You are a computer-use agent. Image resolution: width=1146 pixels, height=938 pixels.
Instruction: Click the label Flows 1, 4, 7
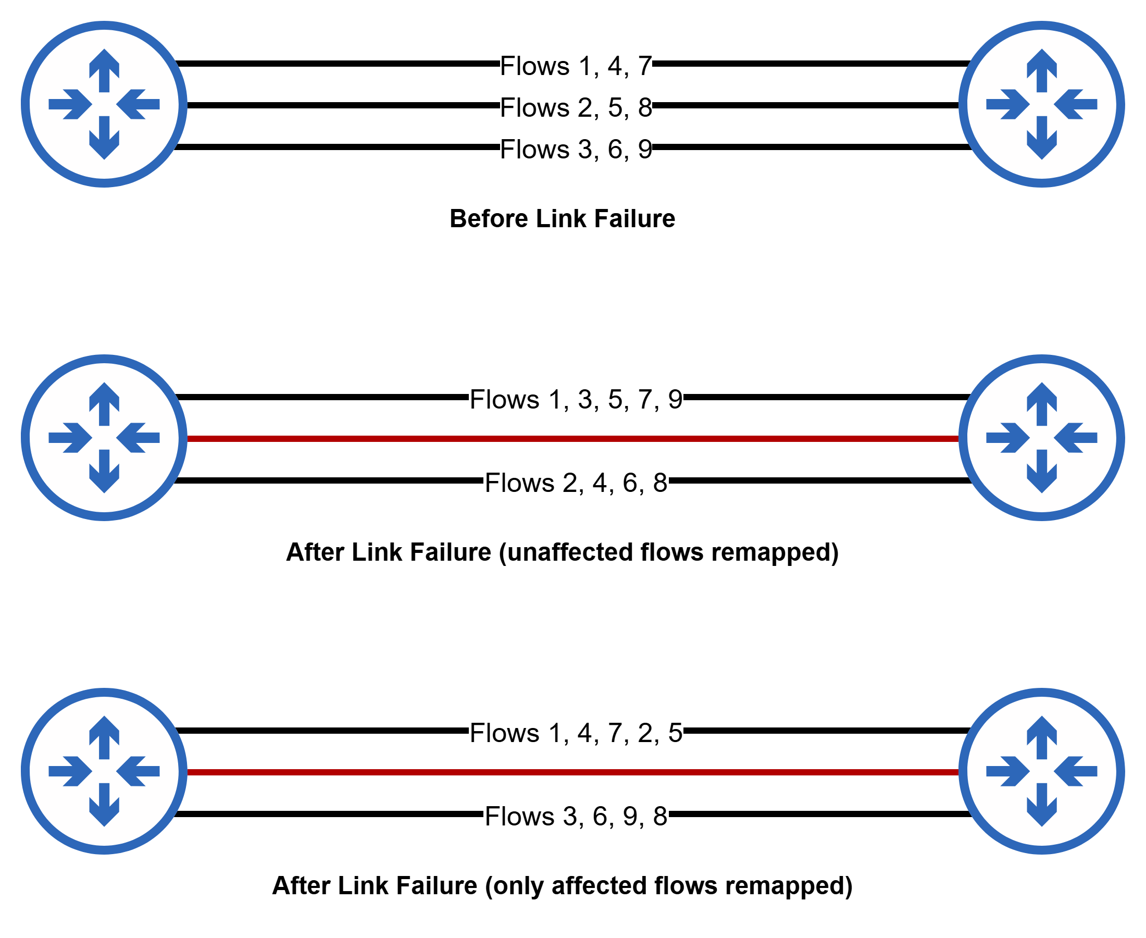coord(576,66)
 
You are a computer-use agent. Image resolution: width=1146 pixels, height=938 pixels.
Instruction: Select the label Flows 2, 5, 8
coord(576,107)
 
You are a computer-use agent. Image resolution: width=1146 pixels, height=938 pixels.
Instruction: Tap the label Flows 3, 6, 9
coord(576,149)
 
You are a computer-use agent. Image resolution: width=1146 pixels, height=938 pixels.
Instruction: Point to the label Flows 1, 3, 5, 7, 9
coord(576,399)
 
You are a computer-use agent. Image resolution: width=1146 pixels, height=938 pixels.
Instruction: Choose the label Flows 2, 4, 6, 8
coord(576,483)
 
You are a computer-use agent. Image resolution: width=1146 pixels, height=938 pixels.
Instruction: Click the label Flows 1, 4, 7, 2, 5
coord(576,733)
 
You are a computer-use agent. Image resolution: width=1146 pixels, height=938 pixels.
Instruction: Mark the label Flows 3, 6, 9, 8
coord(576,816)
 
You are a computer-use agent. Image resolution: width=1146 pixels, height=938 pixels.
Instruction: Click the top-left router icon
coord(104,104)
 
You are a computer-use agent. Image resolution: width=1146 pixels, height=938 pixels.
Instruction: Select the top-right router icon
coord(1042,104)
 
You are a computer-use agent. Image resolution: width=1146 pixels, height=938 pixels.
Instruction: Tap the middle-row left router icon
coord(104,438)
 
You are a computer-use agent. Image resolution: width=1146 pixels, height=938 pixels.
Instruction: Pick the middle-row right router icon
coord(1042,438)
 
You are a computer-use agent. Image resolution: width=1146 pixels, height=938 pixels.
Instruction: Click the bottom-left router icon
coord(104,771)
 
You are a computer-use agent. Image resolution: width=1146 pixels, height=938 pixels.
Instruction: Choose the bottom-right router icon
coord(1042,771)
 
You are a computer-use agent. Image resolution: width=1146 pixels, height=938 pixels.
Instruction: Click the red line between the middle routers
coord(572,439)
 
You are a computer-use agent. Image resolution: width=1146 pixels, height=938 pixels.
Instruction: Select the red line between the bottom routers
coord(572,772)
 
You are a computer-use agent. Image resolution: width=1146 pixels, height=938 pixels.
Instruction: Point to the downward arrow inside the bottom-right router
coord(1042,805)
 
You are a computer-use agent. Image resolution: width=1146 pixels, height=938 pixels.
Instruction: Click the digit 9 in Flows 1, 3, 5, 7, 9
coord(675,400)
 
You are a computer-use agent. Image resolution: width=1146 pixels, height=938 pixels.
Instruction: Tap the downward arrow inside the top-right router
coord(1042,138)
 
